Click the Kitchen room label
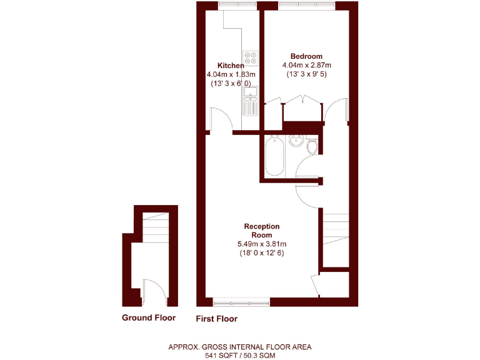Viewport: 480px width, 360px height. [x=231, y=66]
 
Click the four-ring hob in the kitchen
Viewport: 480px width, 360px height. [x=251, y=58]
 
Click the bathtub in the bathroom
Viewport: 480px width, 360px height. [x=274, y=157]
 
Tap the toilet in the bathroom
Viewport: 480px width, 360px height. [x=312, y=145]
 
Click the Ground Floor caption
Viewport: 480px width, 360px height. [x=149, y=317]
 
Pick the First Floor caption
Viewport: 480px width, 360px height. [x=217, y=318]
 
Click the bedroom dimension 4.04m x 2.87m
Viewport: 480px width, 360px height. [x=306, y=65]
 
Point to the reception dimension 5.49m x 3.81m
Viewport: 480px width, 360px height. [x=262, y=244]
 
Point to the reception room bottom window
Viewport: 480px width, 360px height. [x=241, y=302]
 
